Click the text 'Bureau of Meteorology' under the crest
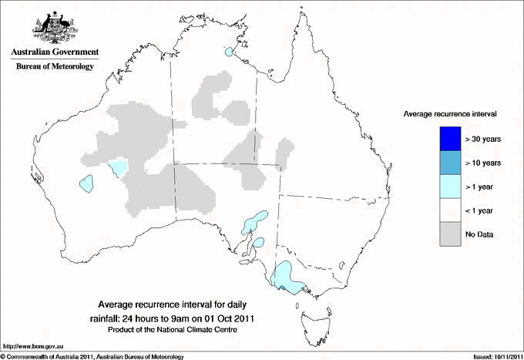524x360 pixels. click(x=54, y=67)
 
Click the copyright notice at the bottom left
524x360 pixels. click(x=92, y=356)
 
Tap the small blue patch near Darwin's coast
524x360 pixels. click(x=229, y=52)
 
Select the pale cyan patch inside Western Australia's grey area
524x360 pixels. click(x=119, y=167)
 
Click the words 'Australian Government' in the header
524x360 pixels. click(x=54, y=52)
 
